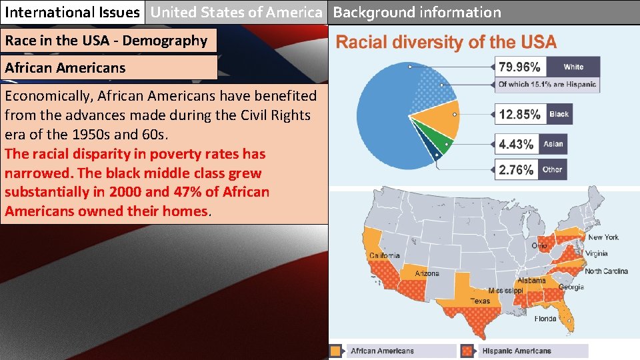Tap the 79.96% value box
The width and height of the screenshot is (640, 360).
(519, 67)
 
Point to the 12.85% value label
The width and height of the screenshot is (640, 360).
(519, 114)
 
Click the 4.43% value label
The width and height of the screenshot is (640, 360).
(516, 144)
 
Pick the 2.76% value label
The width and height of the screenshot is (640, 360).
(516, 169)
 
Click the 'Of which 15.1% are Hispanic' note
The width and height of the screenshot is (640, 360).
(547, 85)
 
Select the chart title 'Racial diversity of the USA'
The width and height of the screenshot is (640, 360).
(445, 43)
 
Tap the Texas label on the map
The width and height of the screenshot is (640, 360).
(479, 301)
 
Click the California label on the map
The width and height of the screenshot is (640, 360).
(385, 255)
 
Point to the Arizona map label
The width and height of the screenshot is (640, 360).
(427, 273)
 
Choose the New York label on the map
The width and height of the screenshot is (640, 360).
(603, 237)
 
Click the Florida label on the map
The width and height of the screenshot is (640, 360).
(545, 319)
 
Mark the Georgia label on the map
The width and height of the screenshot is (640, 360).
(571, 287)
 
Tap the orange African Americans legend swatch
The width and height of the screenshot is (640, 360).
(337, 351)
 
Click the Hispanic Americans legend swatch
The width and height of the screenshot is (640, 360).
(469, 351)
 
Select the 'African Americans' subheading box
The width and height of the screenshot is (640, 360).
(109, 67)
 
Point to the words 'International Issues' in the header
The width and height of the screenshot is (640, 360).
(72, 12)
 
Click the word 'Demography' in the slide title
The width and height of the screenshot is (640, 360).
(165, 41)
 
